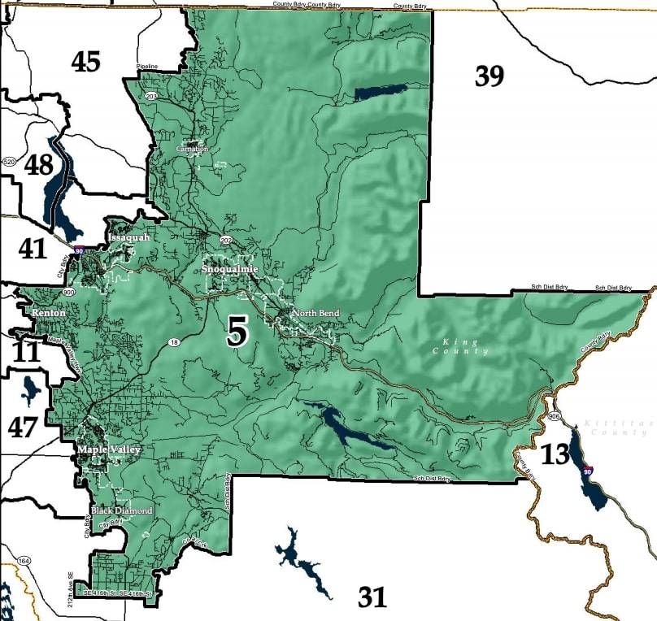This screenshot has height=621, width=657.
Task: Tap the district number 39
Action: pos(489,76)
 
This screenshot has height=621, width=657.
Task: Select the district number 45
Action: pos(85,61)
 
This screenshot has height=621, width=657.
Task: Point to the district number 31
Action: pos(372,597)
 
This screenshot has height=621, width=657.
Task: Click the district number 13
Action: pos(555,454)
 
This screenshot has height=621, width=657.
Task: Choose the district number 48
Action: pos(38,164)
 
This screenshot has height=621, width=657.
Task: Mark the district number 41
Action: pos(33,248)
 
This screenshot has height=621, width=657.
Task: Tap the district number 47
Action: pos(23,426)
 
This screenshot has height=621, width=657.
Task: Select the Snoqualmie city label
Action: pos(229,269)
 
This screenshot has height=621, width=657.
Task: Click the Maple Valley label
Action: pos(109,449)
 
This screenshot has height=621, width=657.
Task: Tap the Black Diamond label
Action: pos(121,510)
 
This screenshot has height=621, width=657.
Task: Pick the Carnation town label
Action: pos(193,150)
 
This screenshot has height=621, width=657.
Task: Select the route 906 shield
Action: pos(555,416)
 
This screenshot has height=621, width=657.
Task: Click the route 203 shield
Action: pos(150,96)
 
